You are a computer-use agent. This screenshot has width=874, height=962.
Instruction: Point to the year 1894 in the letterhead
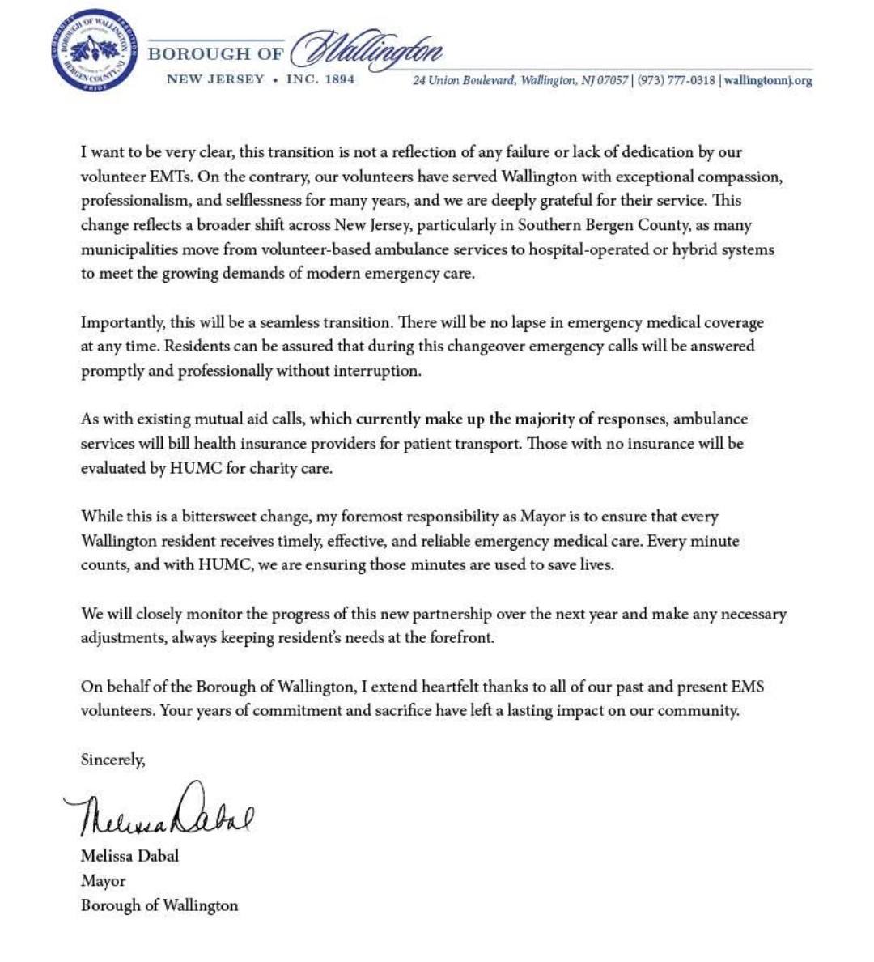(x=339, y=79)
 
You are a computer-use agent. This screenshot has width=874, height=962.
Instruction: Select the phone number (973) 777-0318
(x=677, y=80)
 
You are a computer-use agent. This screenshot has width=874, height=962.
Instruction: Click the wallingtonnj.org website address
(x=768, y=80)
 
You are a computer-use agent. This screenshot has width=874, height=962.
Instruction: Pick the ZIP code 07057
(x=612, y=80)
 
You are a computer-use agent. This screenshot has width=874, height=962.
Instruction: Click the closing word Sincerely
(x=112, y=760)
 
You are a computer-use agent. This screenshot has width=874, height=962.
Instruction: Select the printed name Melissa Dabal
(x=129, y=856)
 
